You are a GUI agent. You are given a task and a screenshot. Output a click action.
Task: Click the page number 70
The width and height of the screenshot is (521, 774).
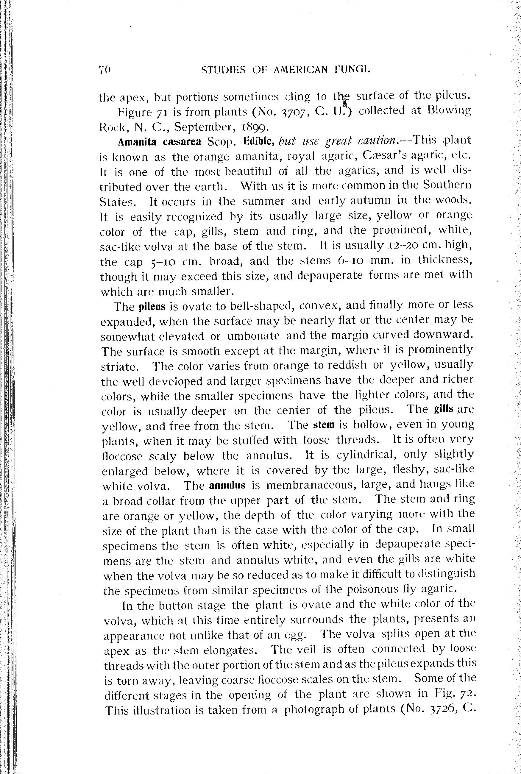coord(104,70)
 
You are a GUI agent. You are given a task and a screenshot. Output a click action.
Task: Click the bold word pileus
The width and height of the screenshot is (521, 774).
coord(152,306)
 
